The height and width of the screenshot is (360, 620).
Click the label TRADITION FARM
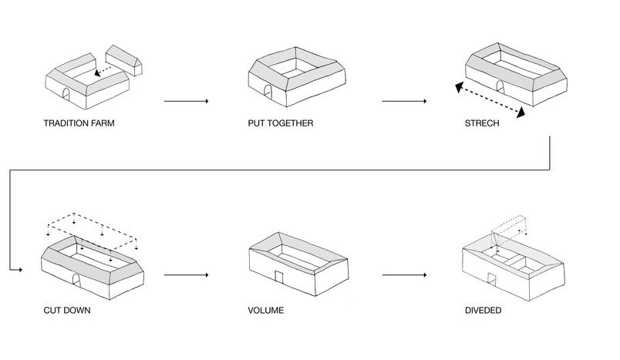coord(79,123)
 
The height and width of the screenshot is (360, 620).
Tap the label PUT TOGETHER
coord(281,123)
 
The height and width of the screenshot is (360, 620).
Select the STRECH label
coord(482,123)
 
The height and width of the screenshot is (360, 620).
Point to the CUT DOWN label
coord(67,310)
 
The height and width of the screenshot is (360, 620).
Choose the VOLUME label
coord(266,310)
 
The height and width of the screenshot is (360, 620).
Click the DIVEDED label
coord(484,310)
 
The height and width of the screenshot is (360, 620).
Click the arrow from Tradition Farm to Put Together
coord(187,101)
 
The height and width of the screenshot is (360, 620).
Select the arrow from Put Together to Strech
coord(404,101)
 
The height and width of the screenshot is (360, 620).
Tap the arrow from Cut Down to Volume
coord(187,274)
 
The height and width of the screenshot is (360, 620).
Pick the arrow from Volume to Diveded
coord(404,274)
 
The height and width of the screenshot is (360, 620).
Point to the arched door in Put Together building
coord(268,91)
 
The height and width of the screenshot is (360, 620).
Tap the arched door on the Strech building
coord(500,88)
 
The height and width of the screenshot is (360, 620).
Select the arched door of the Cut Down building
coord(76,281)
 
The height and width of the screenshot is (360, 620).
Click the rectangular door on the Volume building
coord(280,277)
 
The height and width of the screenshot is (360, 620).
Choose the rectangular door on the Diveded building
coord(491,280)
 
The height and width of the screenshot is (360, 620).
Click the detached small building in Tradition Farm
coord(124,59)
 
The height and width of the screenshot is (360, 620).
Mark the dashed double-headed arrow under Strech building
coord(490,100)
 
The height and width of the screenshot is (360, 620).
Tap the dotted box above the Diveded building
coord(509,230)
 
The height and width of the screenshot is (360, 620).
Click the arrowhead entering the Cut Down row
coord(20,270)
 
